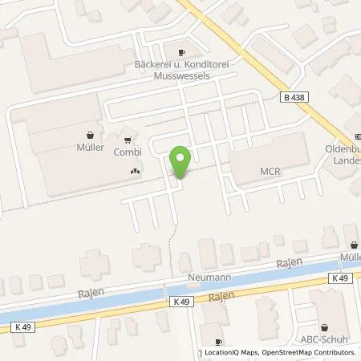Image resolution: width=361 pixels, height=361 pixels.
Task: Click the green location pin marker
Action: (181, 162)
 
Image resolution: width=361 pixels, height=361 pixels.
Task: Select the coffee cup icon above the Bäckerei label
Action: (181, 50)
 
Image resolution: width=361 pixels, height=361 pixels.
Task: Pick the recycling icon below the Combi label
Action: (134, 170)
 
